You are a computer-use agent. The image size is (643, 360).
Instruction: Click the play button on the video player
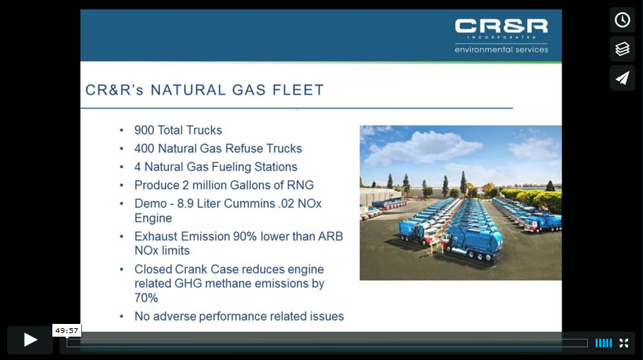[x=30, y=340]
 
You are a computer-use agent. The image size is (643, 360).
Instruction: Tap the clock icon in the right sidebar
[x=622, y=20]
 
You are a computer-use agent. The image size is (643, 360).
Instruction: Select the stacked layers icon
[x=622, y=49]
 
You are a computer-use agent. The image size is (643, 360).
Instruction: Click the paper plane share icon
[x=622, y=78]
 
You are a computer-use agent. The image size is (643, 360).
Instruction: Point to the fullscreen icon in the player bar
[x=624, y=343]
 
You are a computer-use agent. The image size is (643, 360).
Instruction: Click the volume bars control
[x=603, y=343]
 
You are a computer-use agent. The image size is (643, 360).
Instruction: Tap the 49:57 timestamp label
[x=66, y=330]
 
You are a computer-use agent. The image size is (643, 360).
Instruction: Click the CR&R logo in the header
[x=501, y=27]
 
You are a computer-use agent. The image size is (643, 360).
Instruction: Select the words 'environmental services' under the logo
[x=501, y=50]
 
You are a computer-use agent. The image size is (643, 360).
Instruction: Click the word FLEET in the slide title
[x=299, y=91]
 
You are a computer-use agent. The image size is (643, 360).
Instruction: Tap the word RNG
[x=300, y=185]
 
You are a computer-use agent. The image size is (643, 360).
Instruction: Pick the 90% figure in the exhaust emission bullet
[x=245, y=237]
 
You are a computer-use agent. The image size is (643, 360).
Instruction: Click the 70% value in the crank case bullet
[x=146, y=298]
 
